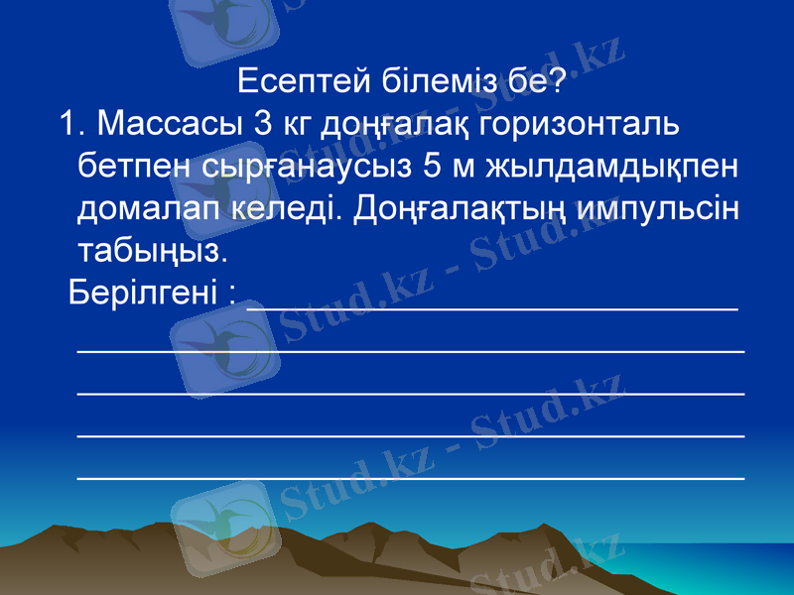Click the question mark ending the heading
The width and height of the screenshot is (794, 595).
tap(559, 81)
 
